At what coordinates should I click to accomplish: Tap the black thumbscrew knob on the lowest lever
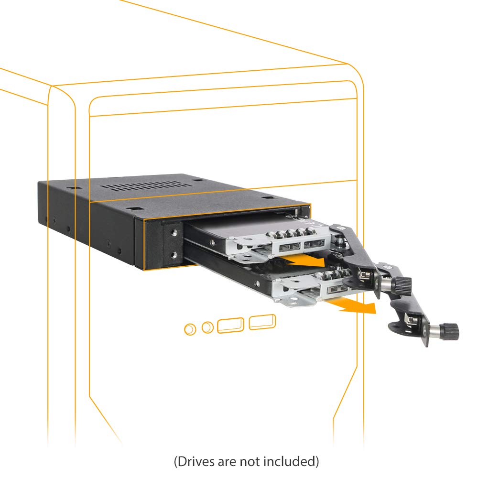(x=450, y=331)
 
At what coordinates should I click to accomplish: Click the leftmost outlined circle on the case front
(x=190, y=329)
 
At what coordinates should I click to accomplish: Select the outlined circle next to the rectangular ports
(x=207, y=328)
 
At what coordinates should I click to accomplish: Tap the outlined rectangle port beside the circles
(x=230, y=325)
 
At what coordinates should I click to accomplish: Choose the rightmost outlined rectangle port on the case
(x=262, y=322)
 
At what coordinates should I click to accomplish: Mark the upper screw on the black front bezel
(x=174, y=233)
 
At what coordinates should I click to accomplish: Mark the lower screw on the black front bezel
(x=174, y=255)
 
